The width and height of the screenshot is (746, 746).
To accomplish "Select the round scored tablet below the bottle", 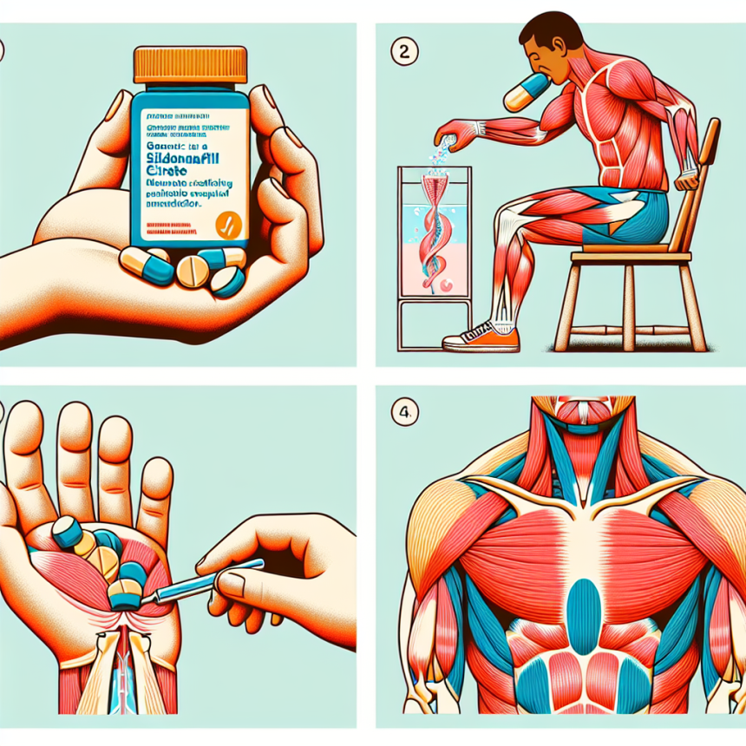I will point(192,272).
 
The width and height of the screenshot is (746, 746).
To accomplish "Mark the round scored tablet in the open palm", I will point(101,563).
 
